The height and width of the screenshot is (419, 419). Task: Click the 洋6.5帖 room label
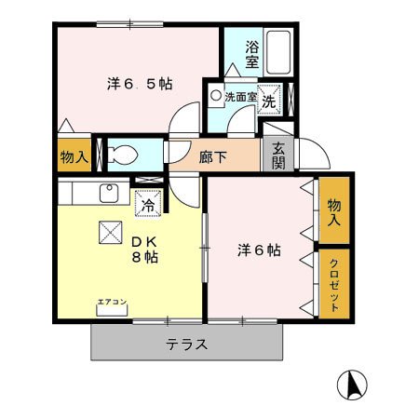click(x=138, y=84)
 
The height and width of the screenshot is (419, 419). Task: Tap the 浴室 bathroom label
click(x=251, y=54)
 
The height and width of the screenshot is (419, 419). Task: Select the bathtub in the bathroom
click(x=278, y=53)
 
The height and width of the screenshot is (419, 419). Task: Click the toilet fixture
click(x=121, y=154)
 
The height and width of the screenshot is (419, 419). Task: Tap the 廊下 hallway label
click(x=212, y=156)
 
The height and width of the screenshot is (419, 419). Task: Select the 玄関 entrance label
click(x=277, y=155)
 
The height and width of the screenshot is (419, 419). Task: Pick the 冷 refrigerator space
click(x=147, y=200)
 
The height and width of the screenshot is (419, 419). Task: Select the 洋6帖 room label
click(x=259, y=250)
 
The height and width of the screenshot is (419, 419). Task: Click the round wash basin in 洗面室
click(x=216, y=95)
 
